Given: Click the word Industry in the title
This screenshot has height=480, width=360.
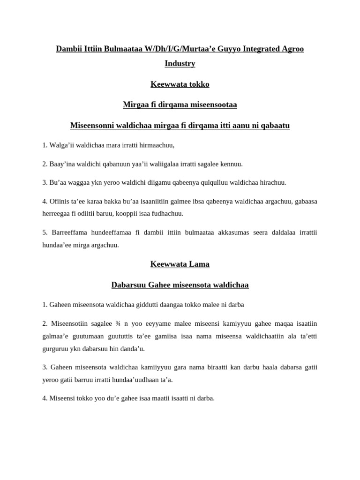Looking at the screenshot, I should pos(180,63).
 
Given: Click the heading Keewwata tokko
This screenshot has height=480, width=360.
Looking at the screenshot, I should pos(180,84).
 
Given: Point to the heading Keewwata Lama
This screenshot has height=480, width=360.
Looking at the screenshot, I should pos(180,264).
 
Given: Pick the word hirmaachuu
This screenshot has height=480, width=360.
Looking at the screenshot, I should pos(157,145).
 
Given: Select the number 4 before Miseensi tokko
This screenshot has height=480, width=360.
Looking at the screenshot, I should pos(44,398).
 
